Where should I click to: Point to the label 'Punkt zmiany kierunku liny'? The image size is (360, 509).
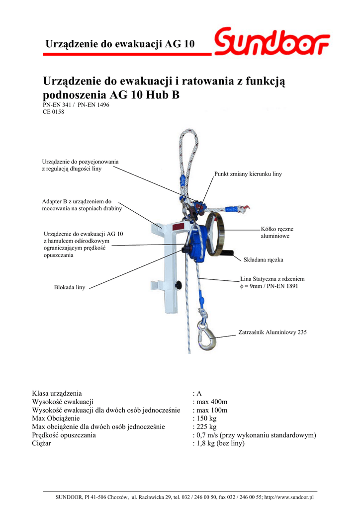coord(248,174)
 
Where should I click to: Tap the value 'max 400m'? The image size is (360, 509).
coord(212,402)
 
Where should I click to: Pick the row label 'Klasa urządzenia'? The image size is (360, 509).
coord(57,393)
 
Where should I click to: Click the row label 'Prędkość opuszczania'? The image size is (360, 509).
coord(64,435)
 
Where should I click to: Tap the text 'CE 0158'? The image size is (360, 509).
coord(53,112)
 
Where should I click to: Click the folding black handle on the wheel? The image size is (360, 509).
coord(229,256)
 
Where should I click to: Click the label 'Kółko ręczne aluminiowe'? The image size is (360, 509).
coord(277,233)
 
